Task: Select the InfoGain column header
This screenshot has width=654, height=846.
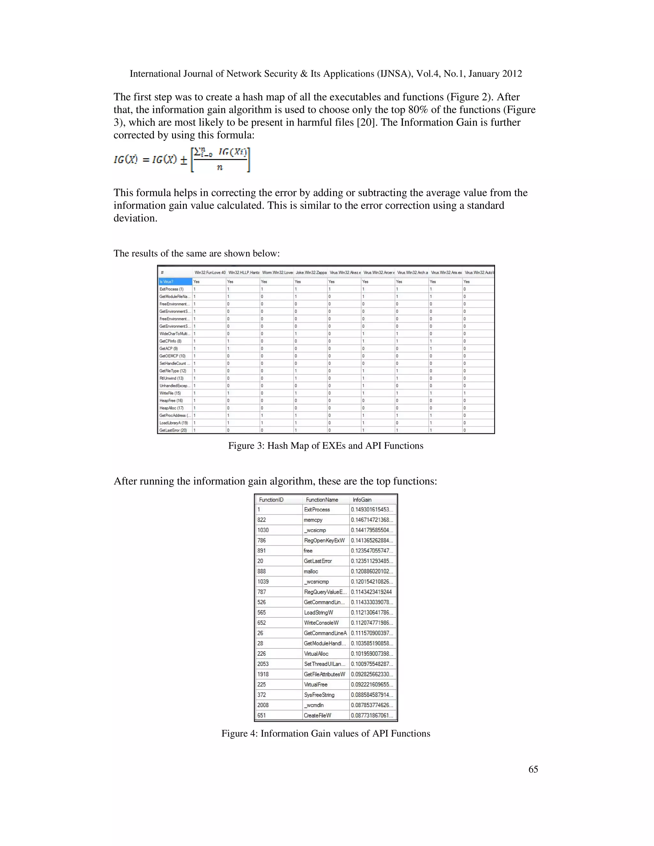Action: tap(362, 500)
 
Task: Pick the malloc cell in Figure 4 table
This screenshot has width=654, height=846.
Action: tap(311, 571)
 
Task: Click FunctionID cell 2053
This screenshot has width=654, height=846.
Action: tap(263, 664)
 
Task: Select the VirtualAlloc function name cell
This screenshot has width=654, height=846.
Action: tap(316, 653)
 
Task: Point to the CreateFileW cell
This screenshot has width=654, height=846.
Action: tap(317, 715)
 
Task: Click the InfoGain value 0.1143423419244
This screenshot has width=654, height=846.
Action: tap(371, 592)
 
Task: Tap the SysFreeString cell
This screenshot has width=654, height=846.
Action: tap(319, 695)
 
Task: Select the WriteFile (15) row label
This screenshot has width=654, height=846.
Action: tap(170, 393)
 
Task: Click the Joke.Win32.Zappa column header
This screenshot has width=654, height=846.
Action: tap(311, 273)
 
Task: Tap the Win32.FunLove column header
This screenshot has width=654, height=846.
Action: tap(209, 273)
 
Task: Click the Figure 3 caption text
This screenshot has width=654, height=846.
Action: tap(325, 446)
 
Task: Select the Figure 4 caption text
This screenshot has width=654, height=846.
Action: tap(325, 734)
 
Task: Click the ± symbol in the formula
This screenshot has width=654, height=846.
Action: tap(184, 160)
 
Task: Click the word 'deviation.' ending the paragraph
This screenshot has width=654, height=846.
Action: tap(135, 218)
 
